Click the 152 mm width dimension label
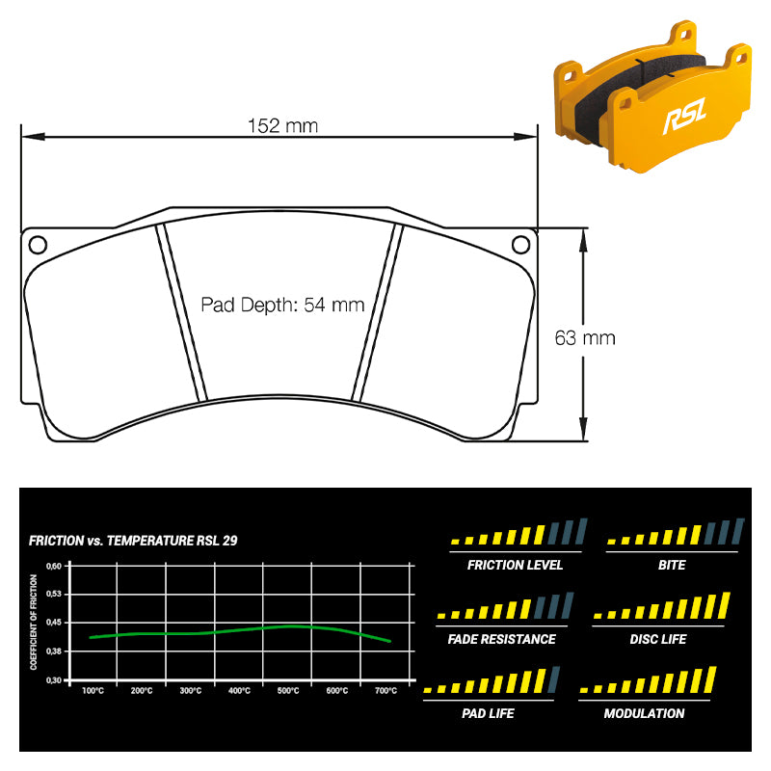click(x=282, y=126)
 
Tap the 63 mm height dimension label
click(x=585, y=338)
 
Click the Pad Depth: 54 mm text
click(x=282, y=305)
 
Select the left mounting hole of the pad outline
click(x=38, y=245)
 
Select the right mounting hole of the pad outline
click(x=520, y=245)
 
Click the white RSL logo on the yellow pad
click(x=685, y=116)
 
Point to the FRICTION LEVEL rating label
click(x=515, y=565)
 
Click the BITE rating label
click(x=672, y=565)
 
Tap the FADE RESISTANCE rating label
click(x=501, y=639)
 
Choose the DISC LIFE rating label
click(x=658, y=639)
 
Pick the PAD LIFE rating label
click(x=488, y=713)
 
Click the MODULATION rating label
click(x=644, y=713)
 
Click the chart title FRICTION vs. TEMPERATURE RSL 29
click(x=133, y=541)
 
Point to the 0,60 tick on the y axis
click(x=54, y=567)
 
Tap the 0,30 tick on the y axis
click(x=54, y=680)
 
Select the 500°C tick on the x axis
click(x=288, y=691)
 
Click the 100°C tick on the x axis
click(x=93, y=691)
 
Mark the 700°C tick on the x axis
click(x=386, y=691)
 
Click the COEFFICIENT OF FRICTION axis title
click(x=34, y=622)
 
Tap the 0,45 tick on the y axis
click(x=54, y=623)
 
